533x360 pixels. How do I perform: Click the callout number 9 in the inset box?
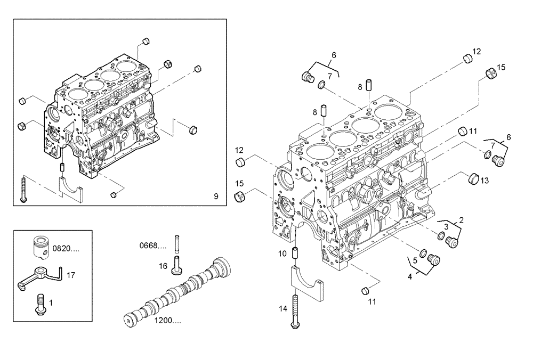tap(216, 197)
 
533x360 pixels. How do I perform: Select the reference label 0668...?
tap(153, 246)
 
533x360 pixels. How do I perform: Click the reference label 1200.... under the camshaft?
tap(167, 321)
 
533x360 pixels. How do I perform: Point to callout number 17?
tap(71, 275)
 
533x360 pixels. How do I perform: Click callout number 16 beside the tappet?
tap(163, 265)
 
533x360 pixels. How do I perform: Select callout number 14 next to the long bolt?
tap(283, 308)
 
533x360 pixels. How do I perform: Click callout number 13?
tap(484, 181)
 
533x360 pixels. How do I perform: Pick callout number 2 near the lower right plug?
tap(461, 219)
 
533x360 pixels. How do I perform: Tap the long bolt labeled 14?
tap(295, 314)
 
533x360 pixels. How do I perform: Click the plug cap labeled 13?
tap(472, 178)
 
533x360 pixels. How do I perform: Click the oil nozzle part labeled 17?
tap(41, 276)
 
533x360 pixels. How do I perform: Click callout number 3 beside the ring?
tap(446, 227)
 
